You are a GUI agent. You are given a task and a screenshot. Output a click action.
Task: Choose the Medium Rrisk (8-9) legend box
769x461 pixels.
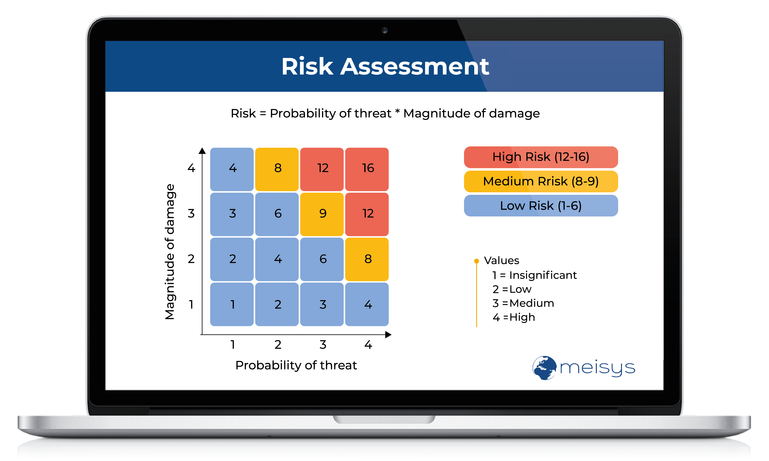coord(541,181)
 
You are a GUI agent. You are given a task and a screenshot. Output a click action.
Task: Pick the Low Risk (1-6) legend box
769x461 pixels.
coord(541,206)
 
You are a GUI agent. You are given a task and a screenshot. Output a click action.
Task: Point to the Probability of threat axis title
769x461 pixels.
coord(296,365)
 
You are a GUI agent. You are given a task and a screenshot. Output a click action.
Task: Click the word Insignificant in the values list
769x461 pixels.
coord(543,275)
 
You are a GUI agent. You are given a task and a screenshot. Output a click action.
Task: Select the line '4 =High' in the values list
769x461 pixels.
coord(514,317)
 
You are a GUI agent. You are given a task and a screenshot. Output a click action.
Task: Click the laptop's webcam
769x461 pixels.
coord(385,30)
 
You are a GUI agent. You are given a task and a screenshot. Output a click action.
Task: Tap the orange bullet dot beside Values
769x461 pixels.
coord(476,261)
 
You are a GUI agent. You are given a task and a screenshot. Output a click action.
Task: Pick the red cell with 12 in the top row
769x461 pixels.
coord(322,169)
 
